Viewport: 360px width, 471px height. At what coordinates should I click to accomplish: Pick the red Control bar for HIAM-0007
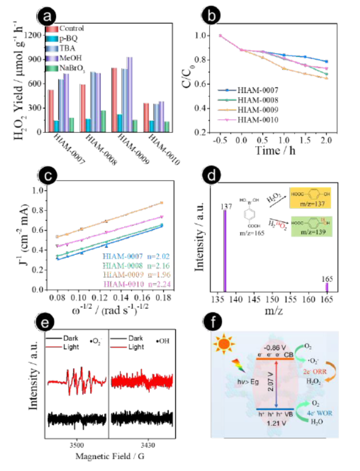pos(51,111)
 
